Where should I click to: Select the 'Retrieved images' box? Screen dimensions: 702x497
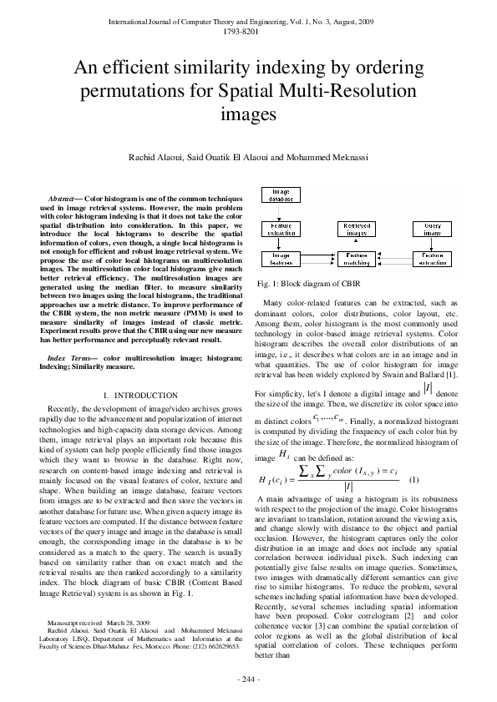357,228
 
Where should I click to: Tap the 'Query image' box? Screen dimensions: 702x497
432,228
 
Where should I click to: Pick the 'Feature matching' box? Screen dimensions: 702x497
357,258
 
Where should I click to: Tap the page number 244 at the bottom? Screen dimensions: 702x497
249,679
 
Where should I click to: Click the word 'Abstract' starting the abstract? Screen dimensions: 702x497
63,197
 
